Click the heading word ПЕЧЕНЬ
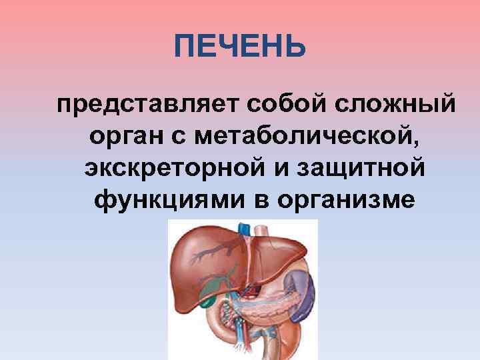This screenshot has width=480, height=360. [x=240, y=47]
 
